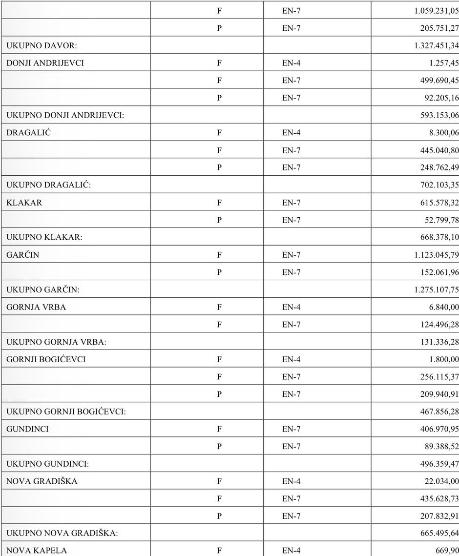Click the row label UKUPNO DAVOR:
42,45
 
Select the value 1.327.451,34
437,45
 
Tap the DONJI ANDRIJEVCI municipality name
45,63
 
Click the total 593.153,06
439,115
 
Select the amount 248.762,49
439,167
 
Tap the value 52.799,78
441,220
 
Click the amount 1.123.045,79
437,255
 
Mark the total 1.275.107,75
437,290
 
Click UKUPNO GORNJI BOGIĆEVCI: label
66,412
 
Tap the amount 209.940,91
439,394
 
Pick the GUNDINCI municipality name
27,429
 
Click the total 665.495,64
439,534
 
